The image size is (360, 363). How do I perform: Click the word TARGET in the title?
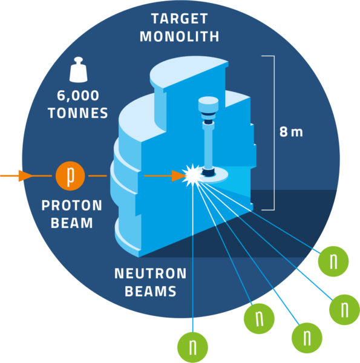click(180, 19)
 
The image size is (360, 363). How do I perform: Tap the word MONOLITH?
click(180, 36)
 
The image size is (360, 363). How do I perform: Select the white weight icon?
click(79, 70)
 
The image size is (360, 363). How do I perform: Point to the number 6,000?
click(78, 96)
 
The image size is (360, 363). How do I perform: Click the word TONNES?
click(78, 113)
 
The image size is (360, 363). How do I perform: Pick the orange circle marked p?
click(70, 176)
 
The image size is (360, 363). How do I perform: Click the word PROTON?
click(72, 205)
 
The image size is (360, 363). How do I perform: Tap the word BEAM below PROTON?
click(72, 223)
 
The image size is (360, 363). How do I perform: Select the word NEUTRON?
click(151, 273)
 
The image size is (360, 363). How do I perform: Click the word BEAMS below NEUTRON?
click(151, 291)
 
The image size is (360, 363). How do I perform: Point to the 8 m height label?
click(291, 132)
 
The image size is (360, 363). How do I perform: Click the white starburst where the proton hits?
click(192, 175)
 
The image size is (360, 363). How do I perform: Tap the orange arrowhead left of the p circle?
click(25, 176)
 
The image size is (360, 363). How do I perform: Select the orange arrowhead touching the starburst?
click(178, 176)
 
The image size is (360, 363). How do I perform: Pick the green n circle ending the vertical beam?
click(192, 347)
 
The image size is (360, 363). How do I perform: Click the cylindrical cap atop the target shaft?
click(208, 104)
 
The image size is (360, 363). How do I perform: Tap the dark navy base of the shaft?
click(208, 172)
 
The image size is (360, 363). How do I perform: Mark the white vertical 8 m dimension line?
click(274, 133)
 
